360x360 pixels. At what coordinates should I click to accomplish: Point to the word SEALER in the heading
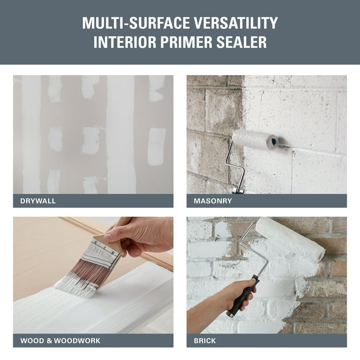243,42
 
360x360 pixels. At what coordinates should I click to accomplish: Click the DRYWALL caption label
38,201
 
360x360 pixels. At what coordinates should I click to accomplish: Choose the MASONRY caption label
213,201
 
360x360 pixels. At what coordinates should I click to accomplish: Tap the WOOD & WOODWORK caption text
60,341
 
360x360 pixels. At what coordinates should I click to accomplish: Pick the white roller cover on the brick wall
291,239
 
